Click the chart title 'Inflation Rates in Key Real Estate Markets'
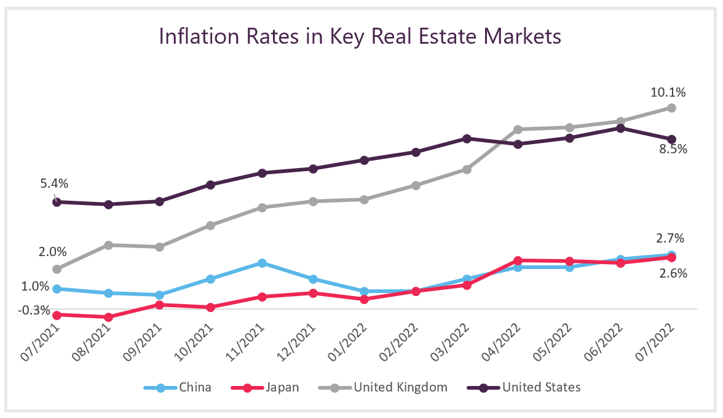tap(360, 36)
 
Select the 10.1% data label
tap(668, 92)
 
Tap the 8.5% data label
tap(672, 149)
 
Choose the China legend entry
tap(178, 387)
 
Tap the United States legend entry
tap(523, 387)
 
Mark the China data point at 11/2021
tap(262, 263)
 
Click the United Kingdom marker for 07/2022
tap(672, 108)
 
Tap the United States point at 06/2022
tap(621, 128)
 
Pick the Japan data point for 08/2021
tap(108, 317)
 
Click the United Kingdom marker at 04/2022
tap(518, 129)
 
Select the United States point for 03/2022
tap(467, 139)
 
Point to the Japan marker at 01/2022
tap(365, 299)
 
